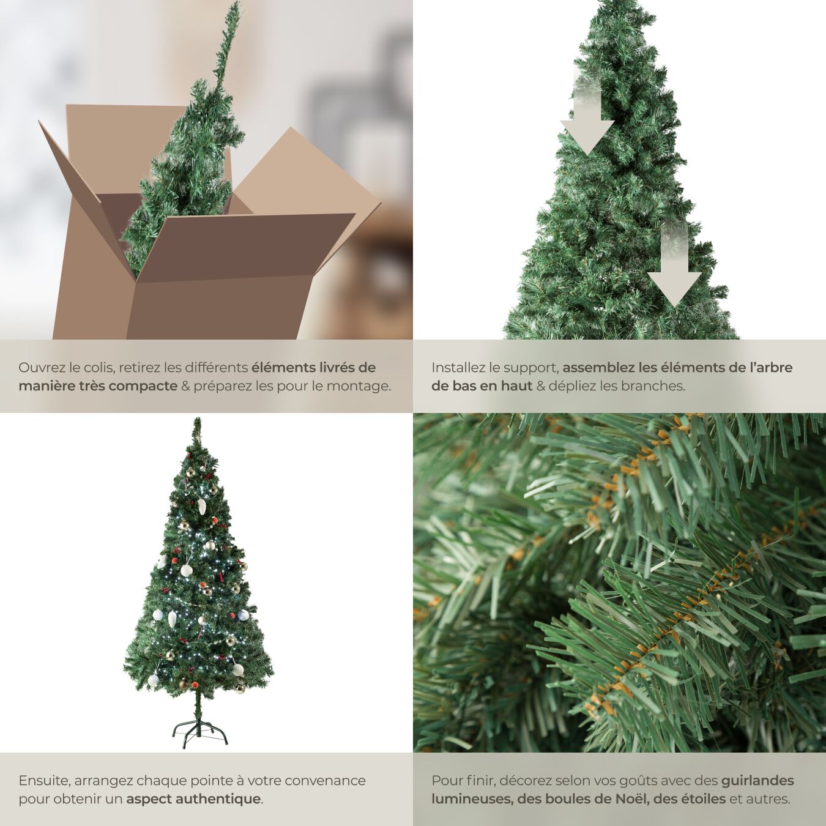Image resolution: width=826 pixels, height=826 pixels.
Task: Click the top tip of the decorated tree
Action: coord(196,419)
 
